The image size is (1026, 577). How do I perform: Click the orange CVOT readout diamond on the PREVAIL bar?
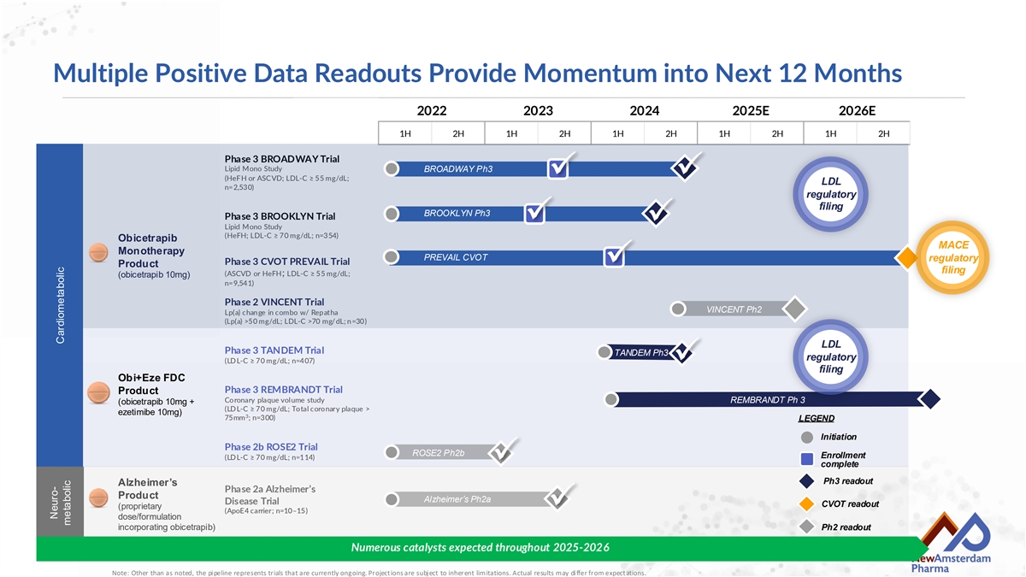[x=906, y=258]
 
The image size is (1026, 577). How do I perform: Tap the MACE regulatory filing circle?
[x=952, y=257]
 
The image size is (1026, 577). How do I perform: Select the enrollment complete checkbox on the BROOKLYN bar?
[x=534, y=214]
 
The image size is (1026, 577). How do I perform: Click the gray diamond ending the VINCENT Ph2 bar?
[x=794, y=309]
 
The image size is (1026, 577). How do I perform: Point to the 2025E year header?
[x=751, y=111]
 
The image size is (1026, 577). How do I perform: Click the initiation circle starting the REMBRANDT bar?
[x=611, y=399]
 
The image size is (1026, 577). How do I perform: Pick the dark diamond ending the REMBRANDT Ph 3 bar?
[x=929, y=399]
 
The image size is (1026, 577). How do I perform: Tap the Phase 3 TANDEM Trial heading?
[x=274, y=350]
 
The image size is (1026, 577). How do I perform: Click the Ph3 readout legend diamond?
[x=806, y=481]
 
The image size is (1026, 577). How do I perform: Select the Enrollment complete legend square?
[x=807, y=458]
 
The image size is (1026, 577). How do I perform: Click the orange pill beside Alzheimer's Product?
[x=98, y=498]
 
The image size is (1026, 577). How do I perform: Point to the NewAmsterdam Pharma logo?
[x=952, y=543]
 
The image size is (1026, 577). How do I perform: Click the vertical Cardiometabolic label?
[x=60, y=305]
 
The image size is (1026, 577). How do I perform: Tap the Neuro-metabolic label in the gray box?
[x=60, y=503]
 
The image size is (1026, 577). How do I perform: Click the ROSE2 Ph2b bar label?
[x=439, y=453]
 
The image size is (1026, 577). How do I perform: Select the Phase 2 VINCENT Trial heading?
[x=274, y=303]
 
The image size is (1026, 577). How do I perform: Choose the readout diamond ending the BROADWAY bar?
[x=684, y=168]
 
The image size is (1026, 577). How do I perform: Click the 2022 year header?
[x=432, y=111]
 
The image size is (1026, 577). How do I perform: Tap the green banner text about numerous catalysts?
[x=480, y=548]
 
